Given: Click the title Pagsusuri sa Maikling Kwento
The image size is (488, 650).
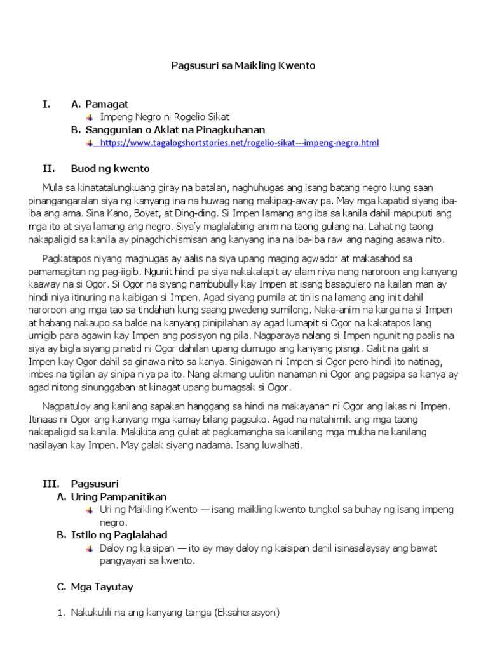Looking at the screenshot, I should pyautogui.click(x=243, y=65).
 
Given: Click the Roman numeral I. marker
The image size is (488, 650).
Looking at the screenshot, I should pyautogui.click(x=46, y=104).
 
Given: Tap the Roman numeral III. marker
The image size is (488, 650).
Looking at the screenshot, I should pyautogui.click(x=50, y=483).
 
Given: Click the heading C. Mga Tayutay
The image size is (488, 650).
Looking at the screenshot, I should pyautogui.click(x=95, y=587).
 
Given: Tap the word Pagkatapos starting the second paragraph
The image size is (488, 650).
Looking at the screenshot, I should pyautogui.click(x=66, y=258).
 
